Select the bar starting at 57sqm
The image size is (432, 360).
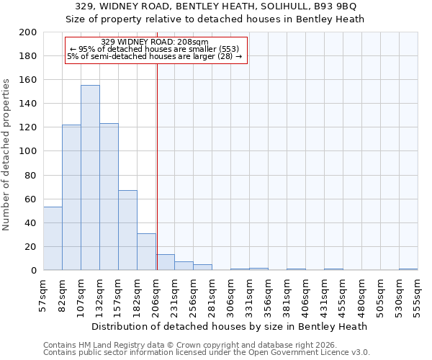[53, 238]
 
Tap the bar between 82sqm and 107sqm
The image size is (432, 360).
[71, 197]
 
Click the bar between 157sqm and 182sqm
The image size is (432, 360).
[127, 230]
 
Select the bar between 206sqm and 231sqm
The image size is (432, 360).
[165, 262]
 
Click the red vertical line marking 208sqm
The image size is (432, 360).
[157, 166]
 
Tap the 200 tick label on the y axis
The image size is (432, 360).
[28, 32]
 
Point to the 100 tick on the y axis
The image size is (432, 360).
[28, 151]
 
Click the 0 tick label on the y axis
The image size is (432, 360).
[33, 271]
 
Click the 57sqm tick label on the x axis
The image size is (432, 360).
[43, 292]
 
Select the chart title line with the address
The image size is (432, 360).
[216, 6]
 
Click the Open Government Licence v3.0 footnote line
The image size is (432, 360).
[207, 353]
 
